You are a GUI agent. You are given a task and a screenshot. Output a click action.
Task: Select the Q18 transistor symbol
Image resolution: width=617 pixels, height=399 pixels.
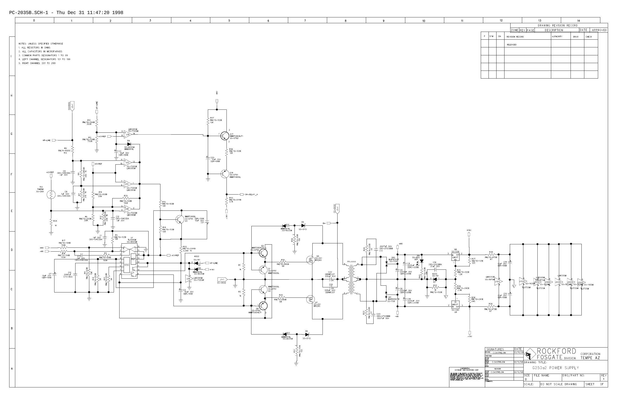click(x=225, y=174)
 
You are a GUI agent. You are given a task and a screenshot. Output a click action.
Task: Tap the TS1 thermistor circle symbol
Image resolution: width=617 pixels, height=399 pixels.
click(x=51, y=195)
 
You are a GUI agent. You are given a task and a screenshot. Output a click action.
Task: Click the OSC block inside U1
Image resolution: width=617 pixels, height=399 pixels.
click(x=127, y=265)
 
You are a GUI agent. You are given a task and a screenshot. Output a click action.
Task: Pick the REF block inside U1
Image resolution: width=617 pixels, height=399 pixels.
click(x=133, y=259)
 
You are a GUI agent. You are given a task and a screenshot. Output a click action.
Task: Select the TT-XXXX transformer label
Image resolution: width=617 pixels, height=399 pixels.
click(x=352, y=262)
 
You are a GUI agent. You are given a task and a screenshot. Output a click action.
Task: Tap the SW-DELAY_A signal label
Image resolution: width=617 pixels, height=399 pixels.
click(x=251, y=195)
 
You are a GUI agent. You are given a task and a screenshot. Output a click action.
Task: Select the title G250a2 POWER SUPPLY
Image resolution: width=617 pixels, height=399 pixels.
click(x=555, y=368)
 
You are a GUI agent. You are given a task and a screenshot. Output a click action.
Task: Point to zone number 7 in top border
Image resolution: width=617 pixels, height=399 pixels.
click(x=305, y=21)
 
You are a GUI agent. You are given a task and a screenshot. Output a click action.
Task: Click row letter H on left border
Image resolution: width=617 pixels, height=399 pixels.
click(x=11, y=95)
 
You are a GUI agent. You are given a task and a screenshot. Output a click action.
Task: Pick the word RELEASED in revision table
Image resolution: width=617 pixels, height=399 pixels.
click(x=512, y=45)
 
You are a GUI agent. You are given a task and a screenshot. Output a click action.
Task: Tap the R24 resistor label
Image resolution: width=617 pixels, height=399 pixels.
click(x=55, y=221)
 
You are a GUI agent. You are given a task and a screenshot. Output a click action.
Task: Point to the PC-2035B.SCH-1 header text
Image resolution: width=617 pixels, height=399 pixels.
click(x=29, y=13)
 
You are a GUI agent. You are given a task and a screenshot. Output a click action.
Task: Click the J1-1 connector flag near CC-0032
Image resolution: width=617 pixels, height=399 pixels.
click(x=222, y=279)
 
